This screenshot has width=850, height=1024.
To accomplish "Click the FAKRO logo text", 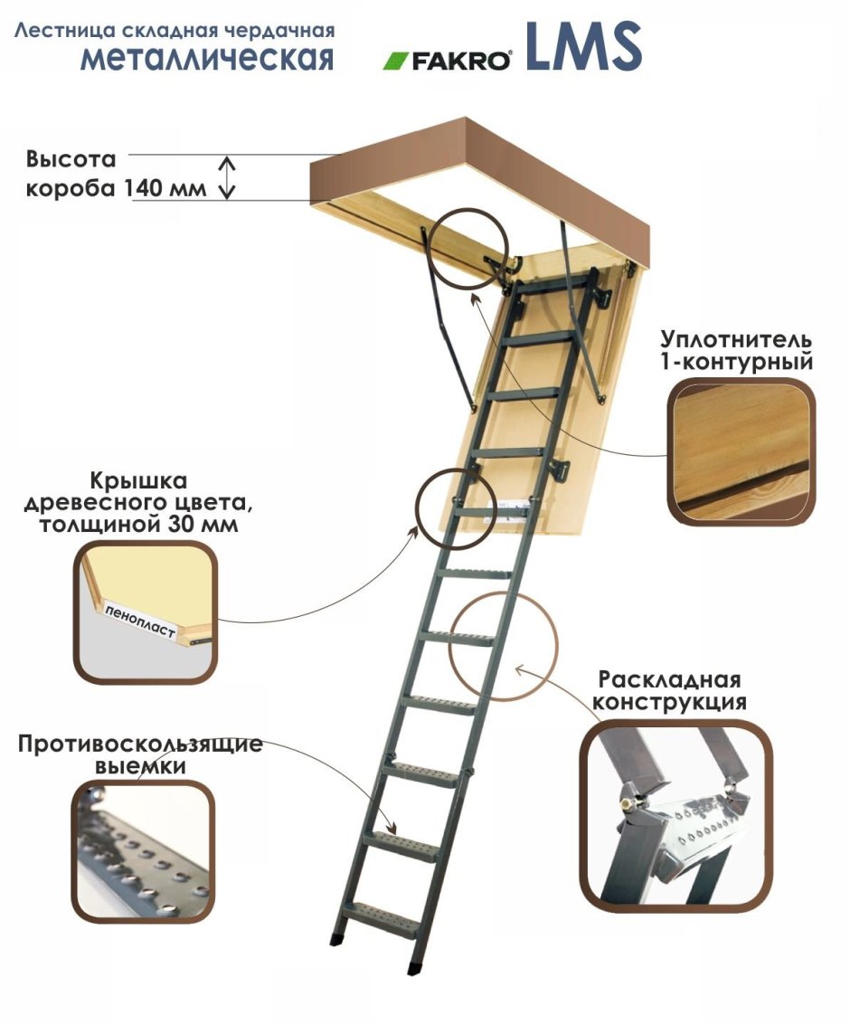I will pyautogui.click(x=462, y=62).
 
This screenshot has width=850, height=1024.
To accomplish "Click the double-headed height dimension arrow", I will pyautogui.click(x=229, y=176).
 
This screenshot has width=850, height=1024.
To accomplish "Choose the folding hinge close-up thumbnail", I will pyautogui.click(x=675, y=815).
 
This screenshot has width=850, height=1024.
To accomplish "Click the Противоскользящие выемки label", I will pyautogui.click(x=139, y=754).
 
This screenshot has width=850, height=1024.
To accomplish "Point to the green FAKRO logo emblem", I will pyautogui.click(x=395, y=62).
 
